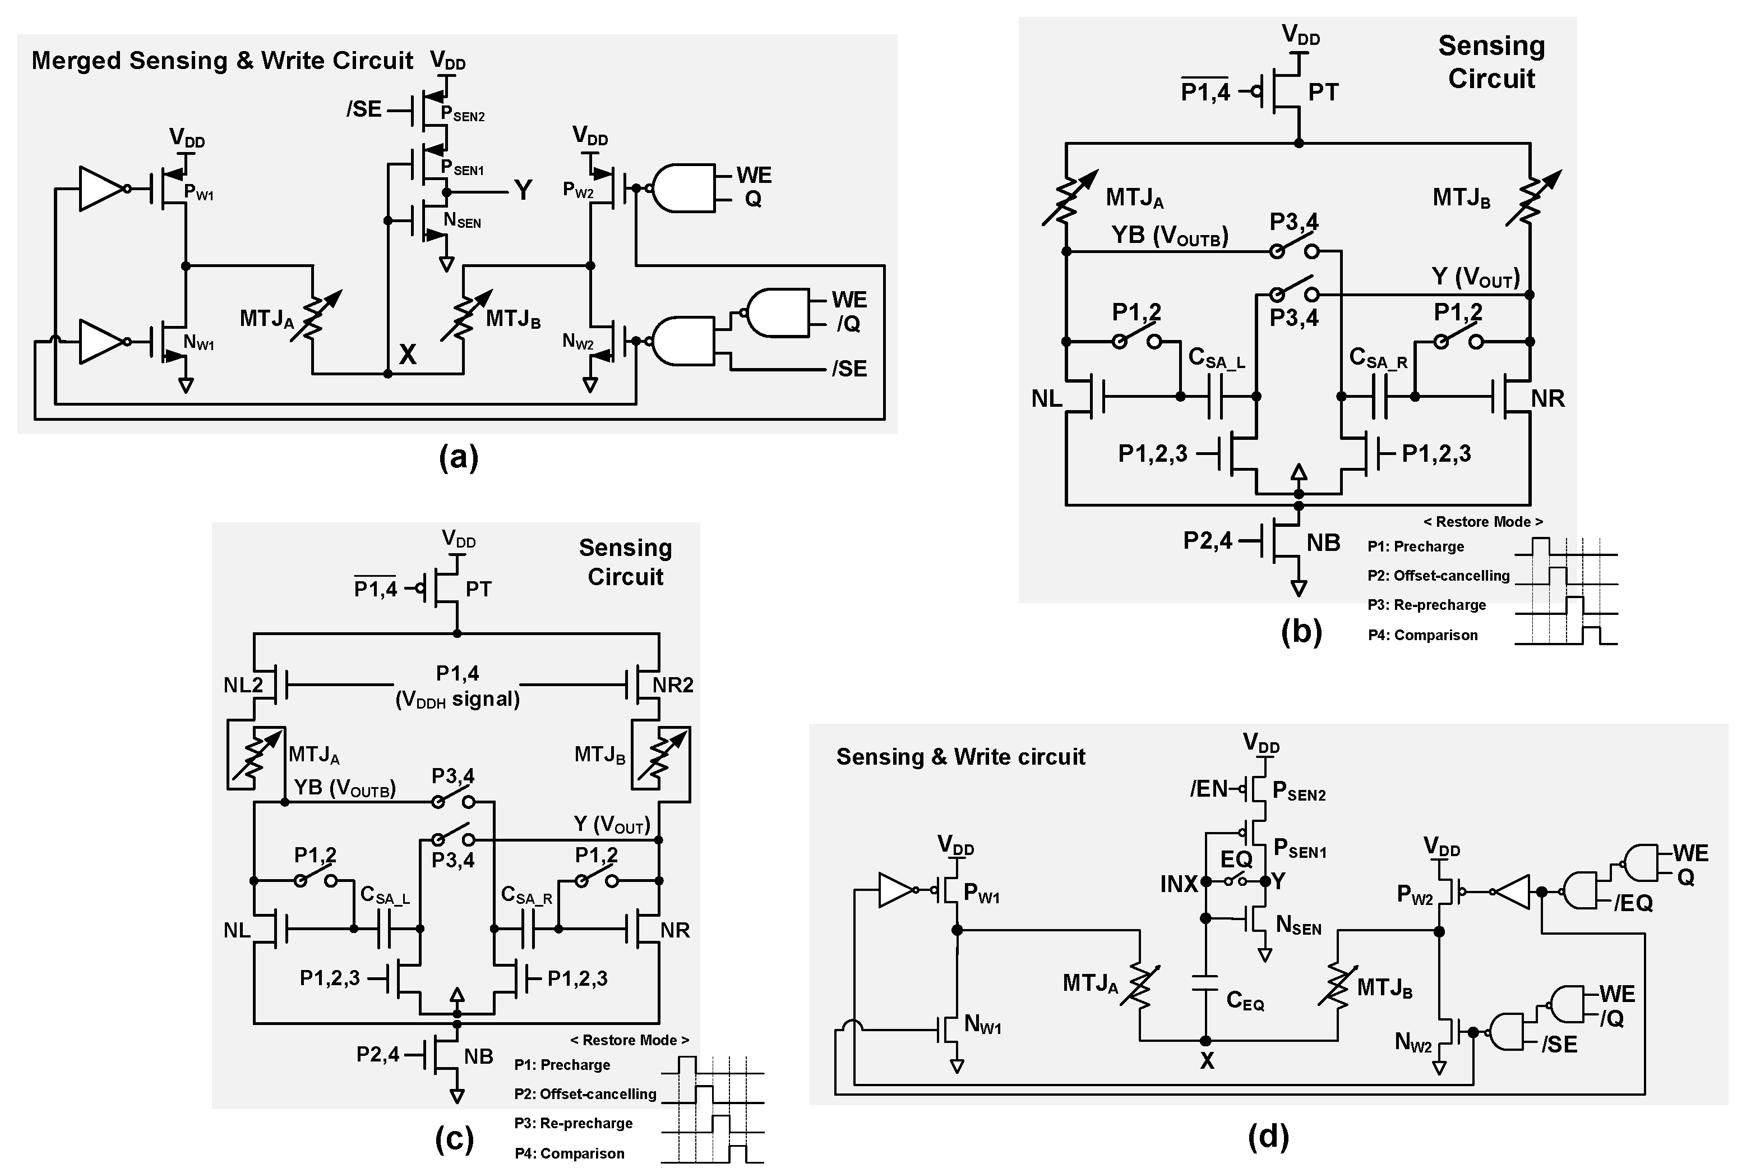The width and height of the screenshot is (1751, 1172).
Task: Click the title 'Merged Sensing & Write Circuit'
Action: pos(222,61)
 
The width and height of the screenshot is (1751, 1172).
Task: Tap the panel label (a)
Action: pos(458,456)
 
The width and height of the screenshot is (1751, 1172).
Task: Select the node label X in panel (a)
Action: pos(407,354)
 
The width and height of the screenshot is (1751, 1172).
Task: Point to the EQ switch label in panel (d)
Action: pos(1236,860)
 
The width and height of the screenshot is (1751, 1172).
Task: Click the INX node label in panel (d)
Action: pos(1178,884)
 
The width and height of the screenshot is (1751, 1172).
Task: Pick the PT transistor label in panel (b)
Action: pos(1323,92)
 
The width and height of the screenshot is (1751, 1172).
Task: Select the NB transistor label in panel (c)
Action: pos(478,1056)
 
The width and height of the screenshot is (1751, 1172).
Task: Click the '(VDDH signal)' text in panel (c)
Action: pos(457,700)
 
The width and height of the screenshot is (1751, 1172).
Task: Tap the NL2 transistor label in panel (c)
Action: pos(243,684)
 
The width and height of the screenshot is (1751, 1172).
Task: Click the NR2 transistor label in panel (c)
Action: pos(672,684)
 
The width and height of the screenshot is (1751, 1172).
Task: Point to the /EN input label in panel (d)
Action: pos(1208,789)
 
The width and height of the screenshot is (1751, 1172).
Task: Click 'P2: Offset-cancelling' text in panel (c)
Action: pos(585,1093)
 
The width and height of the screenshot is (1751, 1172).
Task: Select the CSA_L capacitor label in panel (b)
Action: pos(1216,359)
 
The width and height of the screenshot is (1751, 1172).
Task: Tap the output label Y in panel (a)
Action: pos(523,191)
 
